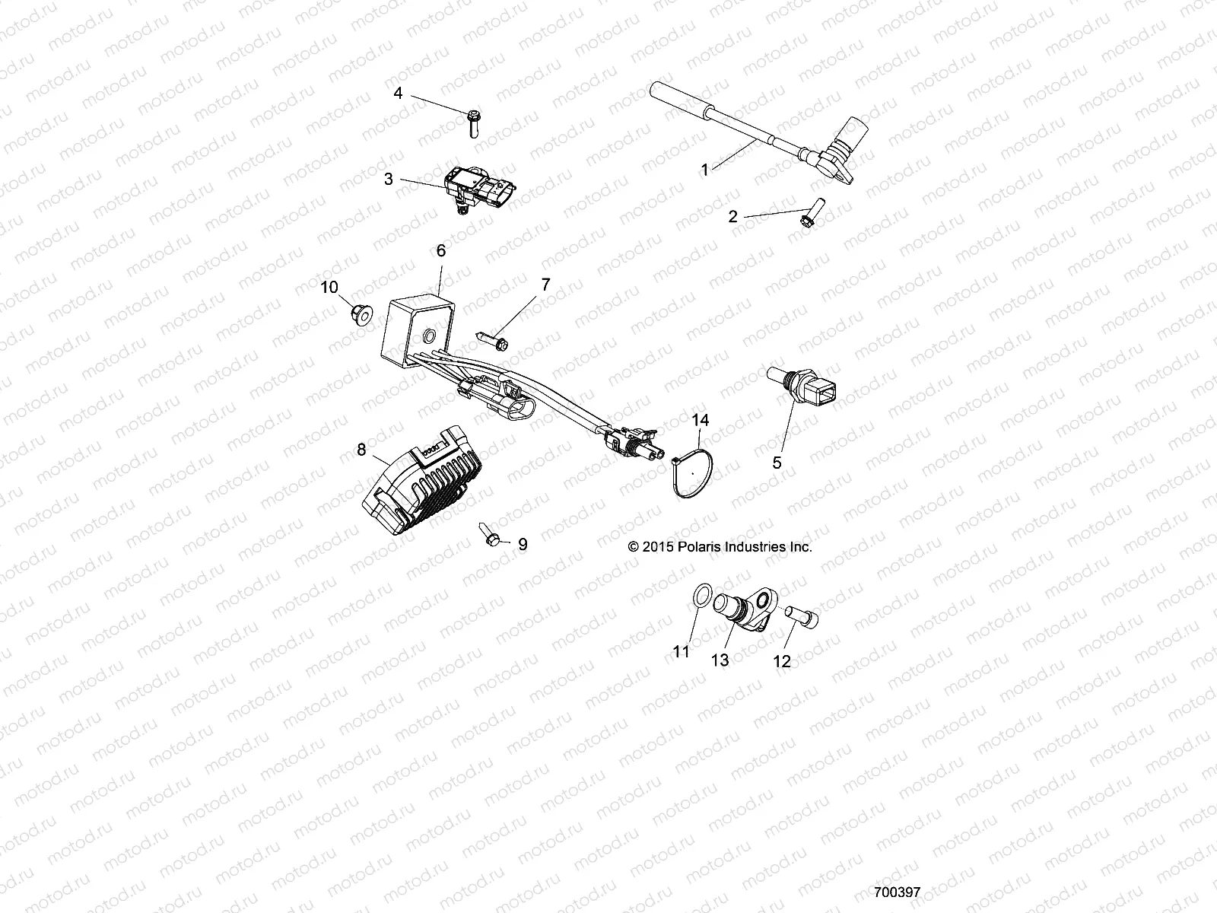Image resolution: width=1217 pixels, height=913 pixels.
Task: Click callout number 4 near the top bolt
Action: pyautogui.click(x=397, y=94)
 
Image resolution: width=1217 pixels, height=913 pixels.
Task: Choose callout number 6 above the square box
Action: pyautogui.click(x=440, y=250)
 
